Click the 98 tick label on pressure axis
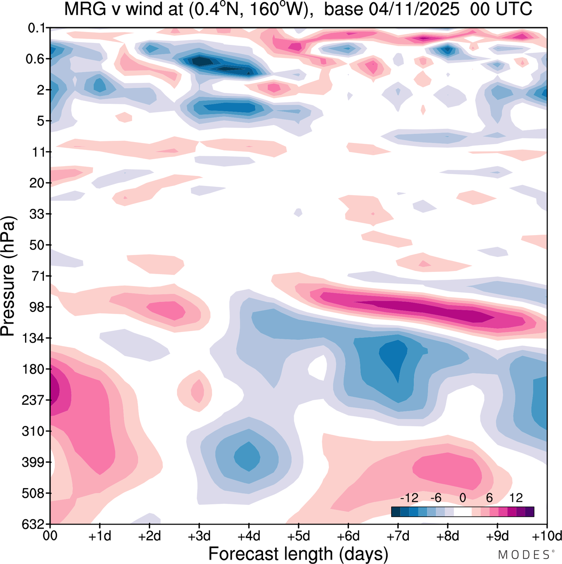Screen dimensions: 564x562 37,307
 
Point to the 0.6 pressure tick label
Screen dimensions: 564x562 36,59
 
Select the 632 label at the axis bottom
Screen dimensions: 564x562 33,524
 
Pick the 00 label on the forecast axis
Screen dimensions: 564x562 50,536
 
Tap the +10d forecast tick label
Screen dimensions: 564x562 546,536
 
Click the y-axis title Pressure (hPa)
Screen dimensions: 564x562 8,276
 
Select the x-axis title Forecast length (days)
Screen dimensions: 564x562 298,553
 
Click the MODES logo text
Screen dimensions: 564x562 523,555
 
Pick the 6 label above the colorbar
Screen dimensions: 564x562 489,498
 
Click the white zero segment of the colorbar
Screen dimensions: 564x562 463,512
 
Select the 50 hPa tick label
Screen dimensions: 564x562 37,245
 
